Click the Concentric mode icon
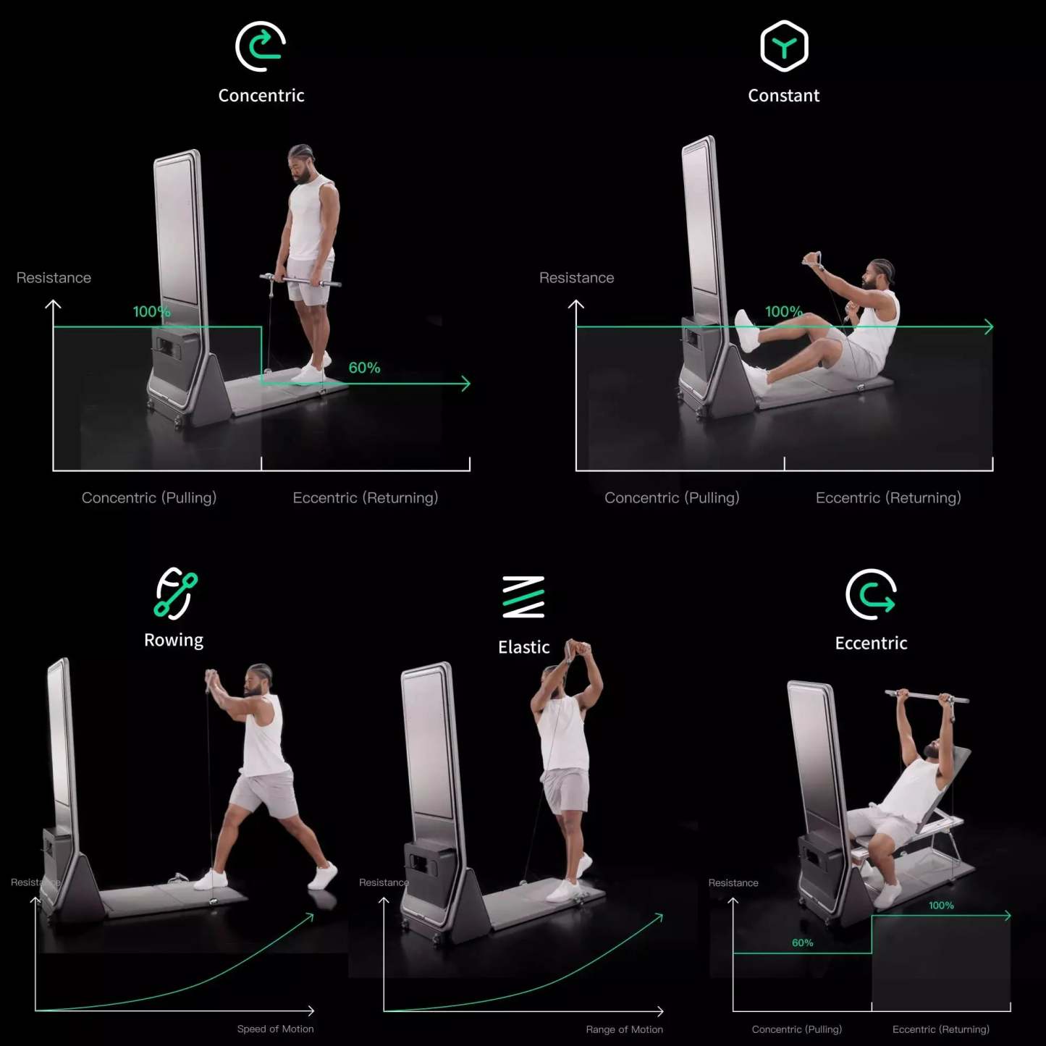261,47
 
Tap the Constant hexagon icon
784,46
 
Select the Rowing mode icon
175,594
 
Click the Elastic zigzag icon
523,597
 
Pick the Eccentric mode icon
871,594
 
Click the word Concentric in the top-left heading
261,96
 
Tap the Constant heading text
783,96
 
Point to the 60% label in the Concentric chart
364,368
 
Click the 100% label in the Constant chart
783,311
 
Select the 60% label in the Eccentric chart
802,942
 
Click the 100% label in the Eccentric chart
941,906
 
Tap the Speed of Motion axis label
275,1029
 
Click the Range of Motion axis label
624,1029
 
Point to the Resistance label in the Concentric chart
54,278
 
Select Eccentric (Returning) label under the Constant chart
888,498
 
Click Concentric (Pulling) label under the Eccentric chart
796,1029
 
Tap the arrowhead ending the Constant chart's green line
990,327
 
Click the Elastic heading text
523,647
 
